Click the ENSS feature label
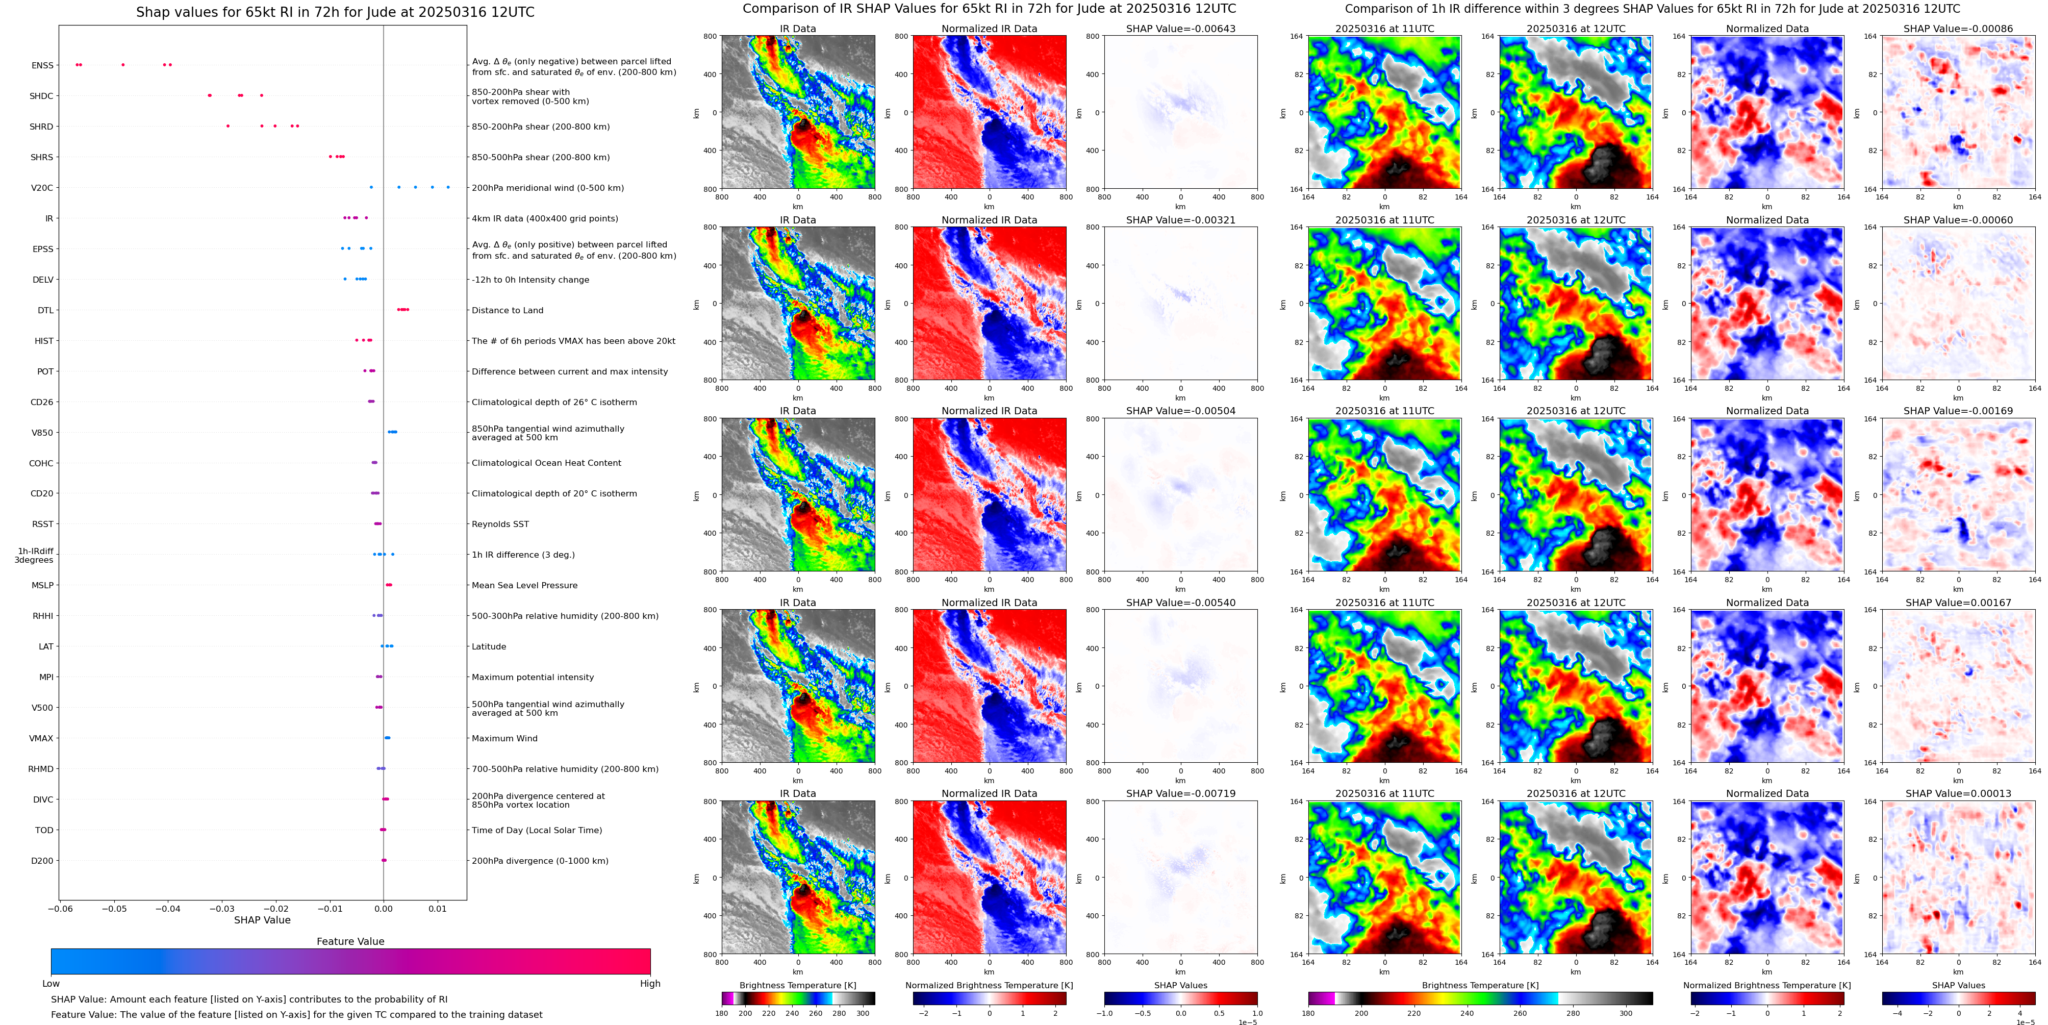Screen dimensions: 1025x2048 [42, 65]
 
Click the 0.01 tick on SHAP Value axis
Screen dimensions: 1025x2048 [437, 908]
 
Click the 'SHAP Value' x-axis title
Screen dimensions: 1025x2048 [262, 920]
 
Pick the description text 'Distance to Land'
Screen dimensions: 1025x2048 [507, 310]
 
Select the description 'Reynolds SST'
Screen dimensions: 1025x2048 [500, 524]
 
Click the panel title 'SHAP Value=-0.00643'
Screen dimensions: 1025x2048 [1181, 29]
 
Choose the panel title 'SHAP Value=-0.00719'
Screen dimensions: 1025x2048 [1181, 793]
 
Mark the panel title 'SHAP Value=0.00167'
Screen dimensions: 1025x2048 [1958, 603]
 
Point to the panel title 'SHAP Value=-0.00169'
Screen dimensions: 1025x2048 [1958, 411]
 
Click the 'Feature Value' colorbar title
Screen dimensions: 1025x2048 [350, 941]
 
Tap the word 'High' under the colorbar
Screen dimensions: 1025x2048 [650, 984]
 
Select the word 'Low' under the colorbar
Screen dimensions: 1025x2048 [51, 984]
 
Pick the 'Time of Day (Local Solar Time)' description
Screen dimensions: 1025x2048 [537, 830]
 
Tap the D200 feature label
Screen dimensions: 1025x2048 [42, 860]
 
